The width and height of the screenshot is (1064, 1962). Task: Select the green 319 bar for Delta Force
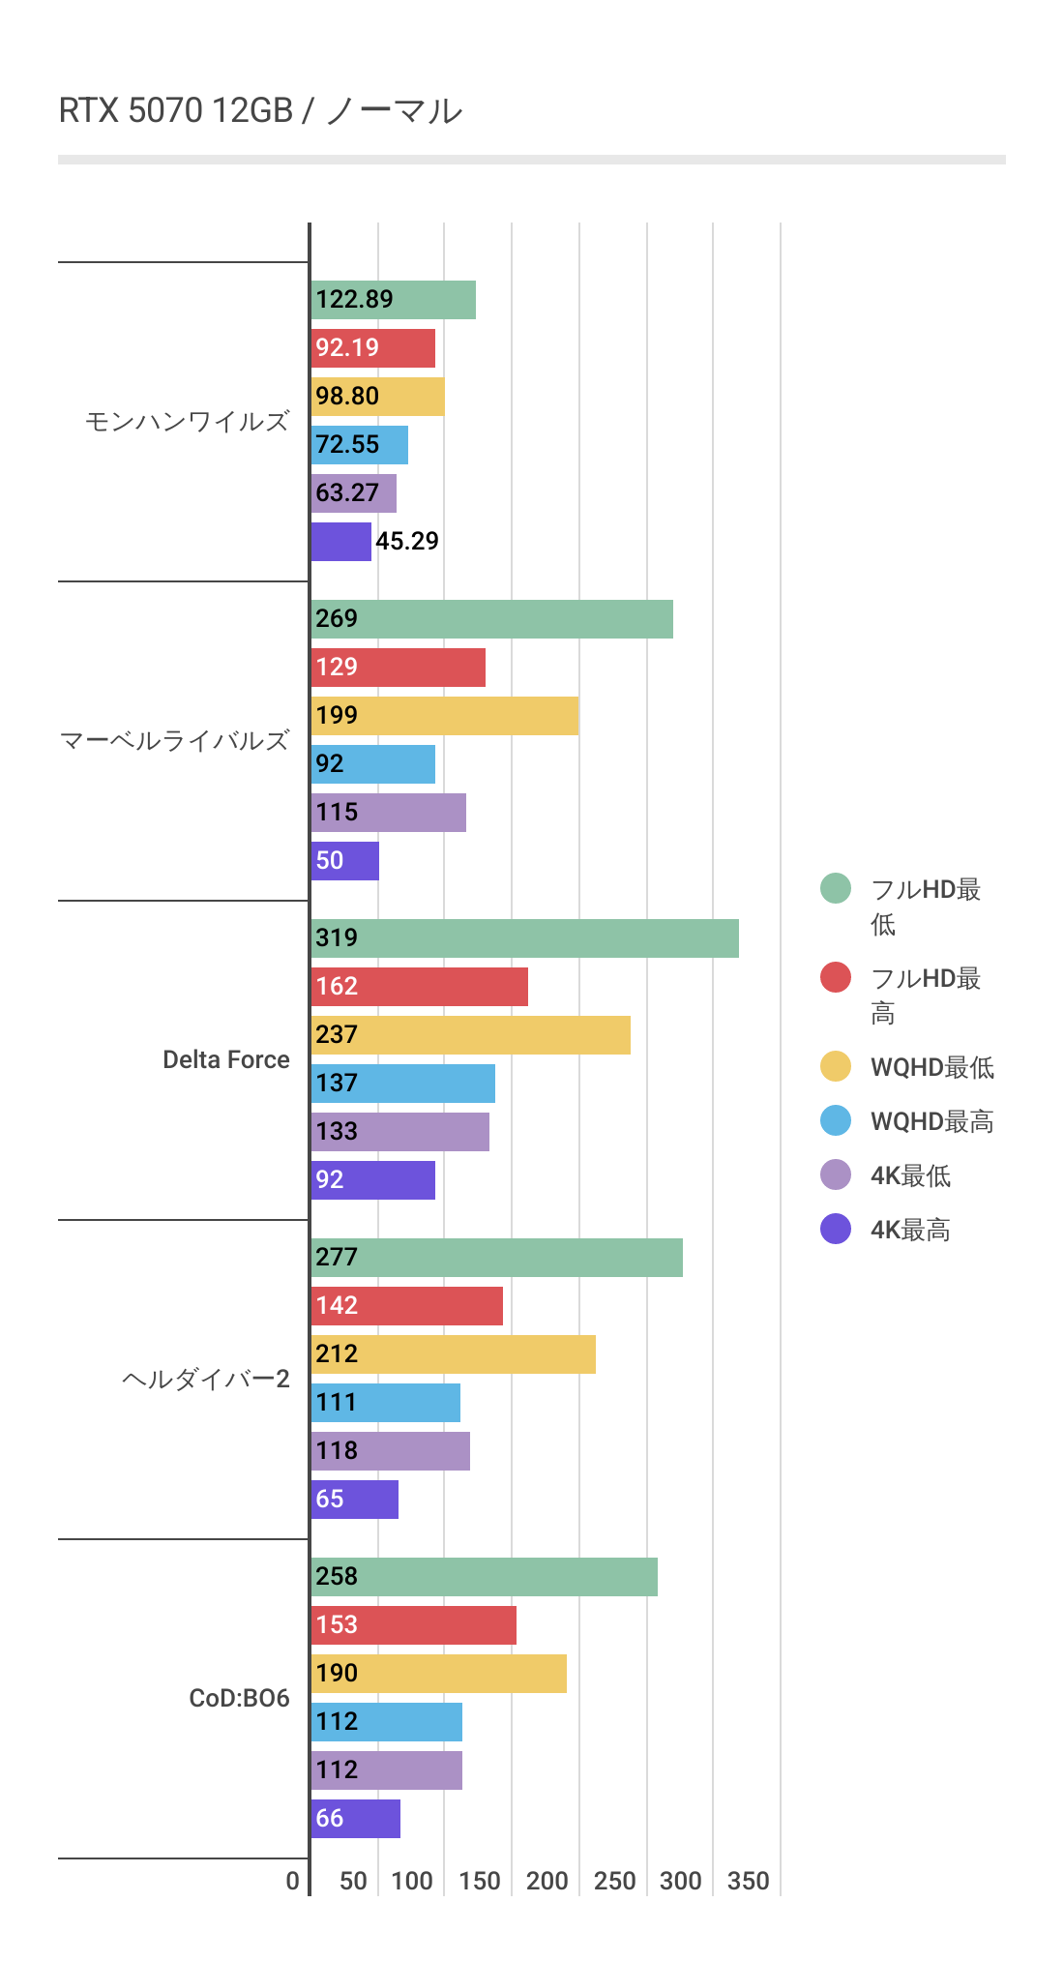(524, 938)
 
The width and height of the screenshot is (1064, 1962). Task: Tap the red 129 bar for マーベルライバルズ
(398, 668)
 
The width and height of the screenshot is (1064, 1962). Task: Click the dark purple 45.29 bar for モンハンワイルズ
(340, 542)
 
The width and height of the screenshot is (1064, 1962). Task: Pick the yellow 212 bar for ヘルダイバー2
(453, 1354)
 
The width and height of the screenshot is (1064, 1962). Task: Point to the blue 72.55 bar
(359, 445)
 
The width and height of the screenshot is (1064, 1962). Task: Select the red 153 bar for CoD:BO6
(413, 1625)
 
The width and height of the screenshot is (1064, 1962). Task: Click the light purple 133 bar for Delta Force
(399, 1132)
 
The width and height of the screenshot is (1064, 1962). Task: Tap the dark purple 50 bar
(344, 861)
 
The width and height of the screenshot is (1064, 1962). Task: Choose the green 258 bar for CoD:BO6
(484, 1577)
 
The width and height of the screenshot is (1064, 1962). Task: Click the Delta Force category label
(225, 1059)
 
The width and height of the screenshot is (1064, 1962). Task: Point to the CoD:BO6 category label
(239, 1698)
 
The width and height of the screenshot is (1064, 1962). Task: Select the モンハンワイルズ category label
(187, 422)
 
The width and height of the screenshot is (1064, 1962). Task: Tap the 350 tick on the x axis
(748, 1881)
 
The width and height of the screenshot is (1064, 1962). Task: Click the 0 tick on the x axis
(292, 1881)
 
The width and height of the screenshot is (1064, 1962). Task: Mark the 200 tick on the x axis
(547, 1881)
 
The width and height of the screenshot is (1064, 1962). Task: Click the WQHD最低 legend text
(931, 1067)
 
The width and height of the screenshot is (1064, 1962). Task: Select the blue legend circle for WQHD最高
(836, 1120)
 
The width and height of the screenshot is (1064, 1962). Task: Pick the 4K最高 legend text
(910, 1230)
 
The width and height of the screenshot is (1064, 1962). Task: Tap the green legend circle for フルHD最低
(836, 888)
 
